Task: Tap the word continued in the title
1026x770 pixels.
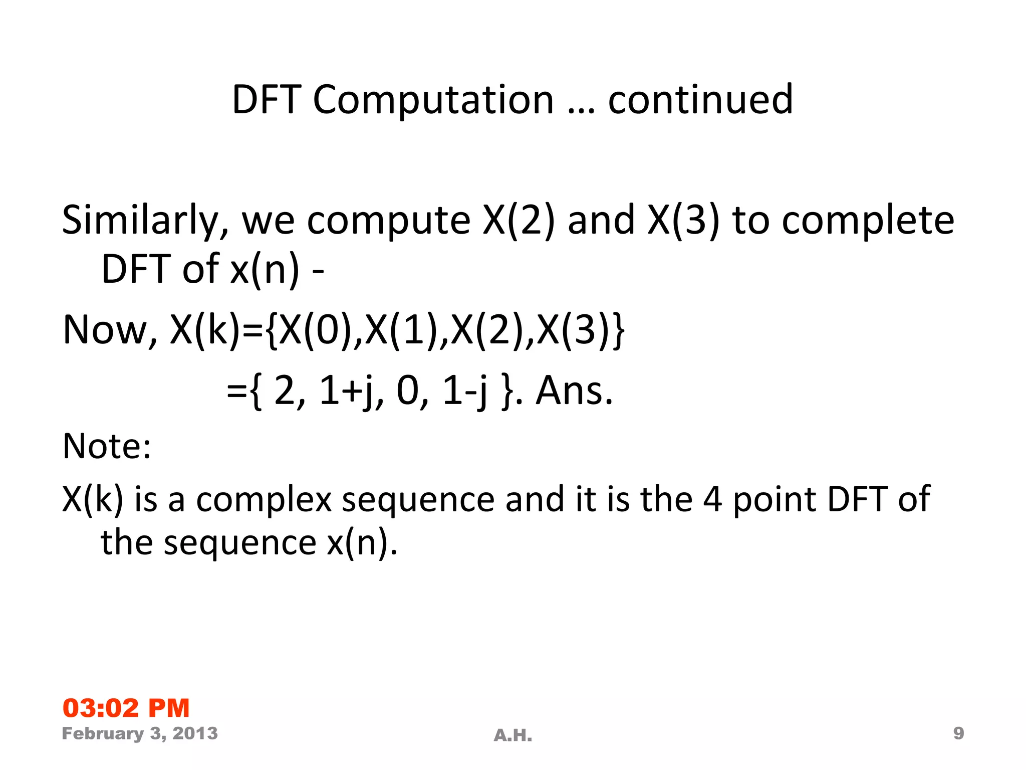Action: [x=700, y=99]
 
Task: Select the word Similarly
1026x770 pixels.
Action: [x=145, y=221]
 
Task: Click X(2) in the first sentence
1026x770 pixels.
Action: [x=518, y=221]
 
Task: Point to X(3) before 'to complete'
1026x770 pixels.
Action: [x=683, y=221]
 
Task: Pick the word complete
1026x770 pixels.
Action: [x=868, y=221]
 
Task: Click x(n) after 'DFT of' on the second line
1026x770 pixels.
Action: [x=265, y=269]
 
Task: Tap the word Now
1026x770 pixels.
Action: [x=109, y=330]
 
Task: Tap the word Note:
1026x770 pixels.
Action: [x=107, y=446]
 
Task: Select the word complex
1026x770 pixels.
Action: [x=264, y=500]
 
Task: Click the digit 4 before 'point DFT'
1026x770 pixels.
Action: [x=712, y=500]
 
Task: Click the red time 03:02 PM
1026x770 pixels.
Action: [x=126, y=708]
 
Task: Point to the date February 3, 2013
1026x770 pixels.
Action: [x=140, y=733]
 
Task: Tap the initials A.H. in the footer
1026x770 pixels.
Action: [x=512, y=735]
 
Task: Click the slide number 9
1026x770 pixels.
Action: [x=958, y=733]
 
